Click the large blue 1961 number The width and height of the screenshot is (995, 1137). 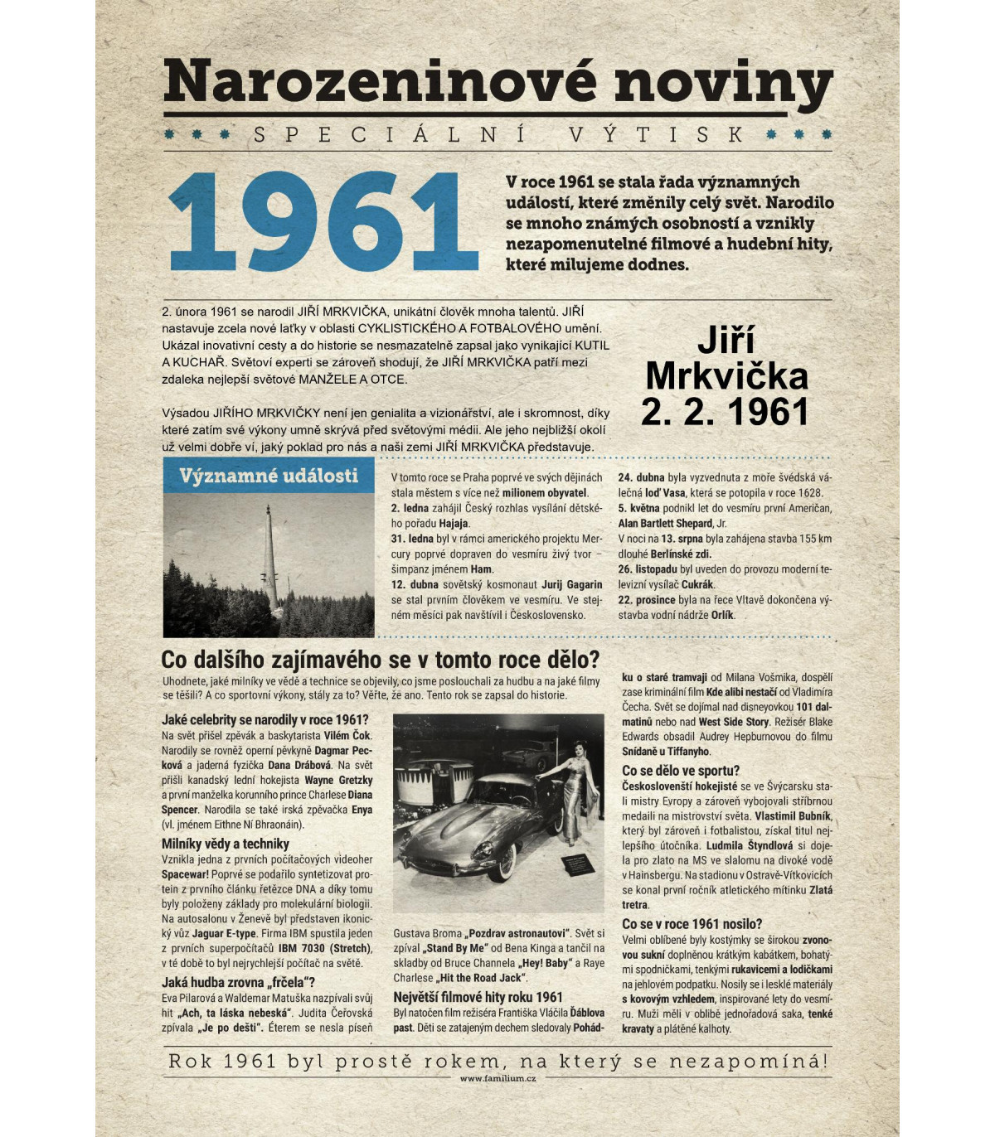point(323,222)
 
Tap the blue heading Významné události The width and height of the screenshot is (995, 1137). point(269,476)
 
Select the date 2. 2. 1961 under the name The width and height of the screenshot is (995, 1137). point(725,412)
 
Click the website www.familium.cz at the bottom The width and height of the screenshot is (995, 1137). point(498,1078)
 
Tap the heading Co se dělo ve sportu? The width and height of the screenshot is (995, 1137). point(681,771)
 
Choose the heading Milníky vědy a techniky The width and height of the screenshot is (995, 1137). point(225,844)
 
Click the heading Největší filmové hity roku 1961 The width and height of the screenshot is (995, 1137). point(478,997)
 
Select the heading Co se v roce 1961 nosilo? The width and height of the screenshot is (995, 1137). point(692,924)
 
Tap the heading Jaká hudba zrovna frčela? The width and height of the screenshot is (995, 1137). point(238,982)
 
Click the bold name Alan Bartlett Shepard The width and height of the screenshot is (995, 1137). point(665,524)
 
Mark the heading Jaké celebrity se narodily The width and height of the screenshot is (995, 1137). point(265,719)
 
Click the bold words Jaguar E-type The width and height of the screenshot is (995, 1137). point(224,933)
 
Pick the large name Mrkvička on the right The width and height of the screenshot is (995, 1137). point(726,376)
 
